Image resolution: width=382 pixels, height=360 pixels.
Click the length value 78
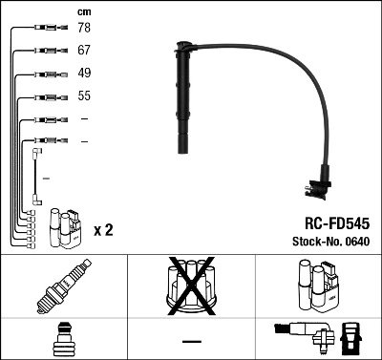[x=84, y=30]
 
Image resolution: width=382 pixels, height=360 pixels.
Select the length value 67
[x=84, y=52]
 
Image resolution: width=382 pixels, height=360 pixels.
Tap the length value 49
[x=84, y=74]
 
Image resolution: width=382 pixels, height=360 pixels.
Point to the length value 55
[x=84, y=96]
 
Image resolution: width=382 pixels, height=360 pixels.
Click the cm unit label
[x=84, y=11]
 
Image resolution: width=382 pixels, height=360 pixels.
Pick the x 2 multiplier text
[x=104, y=230]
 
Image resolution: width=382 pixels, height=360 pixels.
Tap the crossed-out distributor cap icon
[x=191, y=286]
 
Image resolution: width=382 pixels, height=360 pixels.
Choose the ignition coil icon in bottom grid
[x=317, y=286]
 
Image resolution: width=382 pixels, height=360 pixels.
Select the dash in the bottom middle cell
[x=191, y=340]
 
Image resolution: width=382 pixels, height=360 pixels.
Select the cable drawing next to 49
[x=44, y=74]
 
